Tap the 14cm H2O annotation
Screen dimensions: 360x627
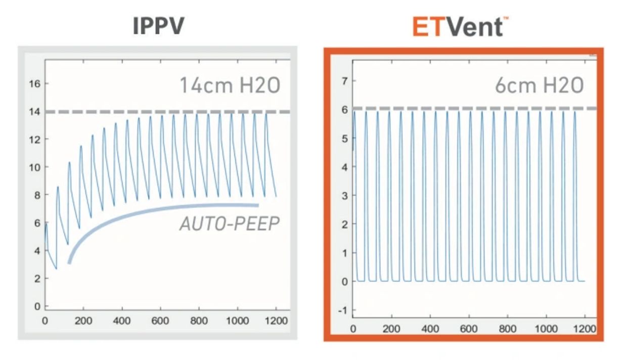pyautogui.click(x=230, y=85)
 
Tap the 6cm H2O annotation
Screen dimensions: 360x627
pyautogui.click(x=539, y=85)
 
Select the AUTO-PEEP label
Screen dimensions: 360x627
pyautogui.click(x=229, y=223)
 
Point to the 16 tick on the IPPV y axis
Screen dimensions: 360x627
pyautogui.click(x=34, y=83)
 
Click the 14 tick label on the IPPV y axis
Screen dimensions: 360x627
pyautogui.click(x=34, y=111)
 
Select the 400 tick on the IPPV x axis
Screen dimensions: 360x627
pyautogui.click(x=122, y=321)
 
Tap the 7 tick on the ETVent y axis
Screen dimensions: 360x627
pyautogui.click(x=345, y=81)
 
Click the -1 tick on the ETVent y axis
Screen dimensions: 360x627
pyautogui.click(x=343, y=310)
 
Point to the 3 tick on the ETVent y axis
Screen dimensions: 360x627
pyautogui.click(x=345, y=195)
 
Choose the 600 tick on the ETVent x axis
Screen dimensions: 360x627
pyautogui.click(x=469, y=329)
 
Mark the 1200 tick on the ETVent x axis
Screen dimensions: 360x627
pyautogui.click(x=585, y=329)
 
